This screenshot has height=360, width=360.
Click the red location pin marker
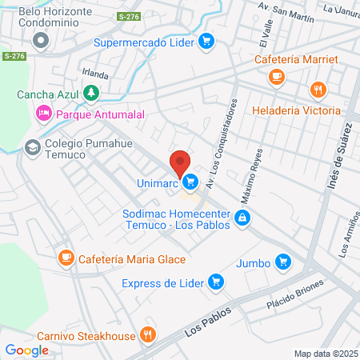coord(180,163)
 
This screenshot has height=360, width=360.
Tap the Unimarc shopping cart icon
coord(190,183)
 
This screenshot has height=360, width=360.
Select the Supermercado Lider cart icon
coord(206,42)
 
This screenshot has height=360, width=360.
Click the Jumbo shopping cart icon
coord(282,262)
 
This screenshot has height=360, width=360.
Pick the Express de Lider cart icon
coord(214,282)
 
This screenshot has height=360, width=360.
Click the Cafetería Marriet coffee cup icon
coord(277,77)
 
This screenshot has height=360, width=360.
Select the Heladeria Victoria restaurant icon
coord(318,90)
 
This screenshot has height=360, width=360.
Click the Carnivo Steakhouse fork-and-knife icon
coord(146,334)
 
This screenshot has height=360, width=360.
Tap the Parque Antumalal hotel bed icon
coord(42,114)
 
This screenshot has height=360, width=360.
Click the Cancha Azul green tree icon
coord(92,94)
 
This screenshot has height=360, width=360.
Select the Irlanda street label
coord(95,74)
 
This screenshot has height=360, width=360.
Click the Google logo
coord(26,350)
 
